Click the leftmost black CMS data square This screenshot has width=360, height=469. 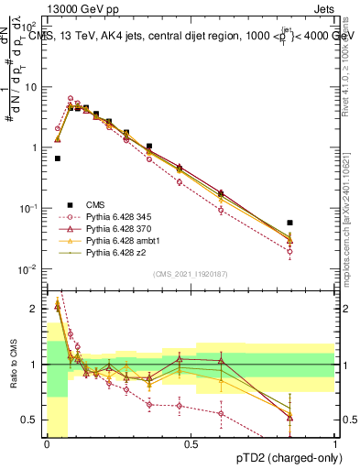point(58,158)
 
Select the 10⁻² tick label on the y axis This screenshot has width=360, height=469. point(29,269)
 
